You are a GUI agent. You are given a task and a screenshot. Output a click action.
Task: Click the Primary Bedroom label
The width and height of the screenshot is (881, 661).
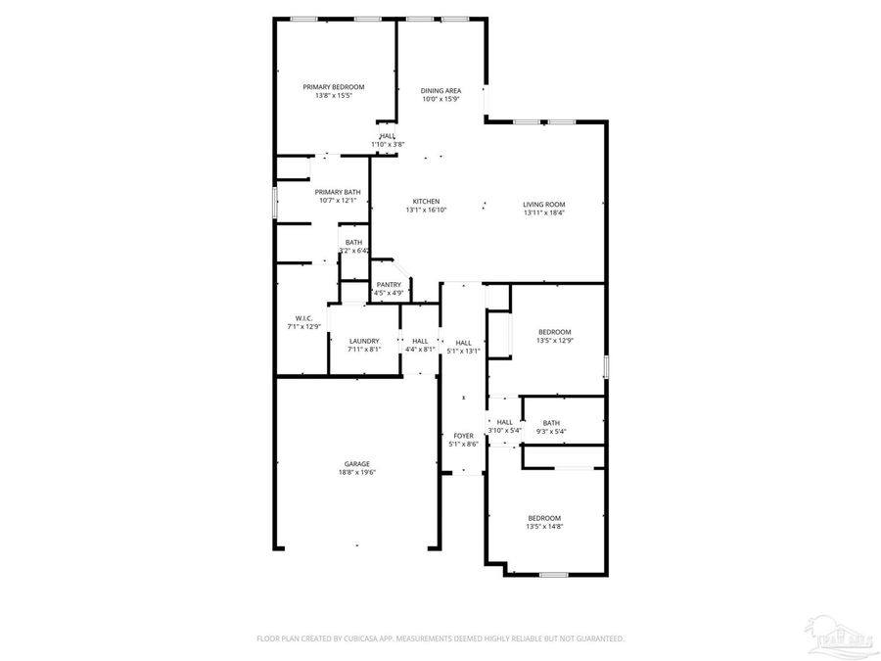pos(333,87)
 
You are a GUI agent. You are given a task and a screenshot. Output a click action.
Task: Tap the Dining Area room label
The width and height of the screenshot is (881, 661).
pos(440,90)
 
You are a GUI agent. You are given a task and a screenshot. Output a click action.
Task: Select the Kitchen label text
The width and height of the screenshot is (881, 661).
pos(426,202)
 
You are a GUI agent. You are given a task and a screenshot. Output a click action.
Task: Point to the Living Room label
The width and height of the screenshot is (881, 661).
pos(544,205)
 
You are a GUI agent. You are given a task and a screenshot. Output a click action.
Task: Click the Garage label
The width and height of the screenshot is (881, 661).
pos(356,464)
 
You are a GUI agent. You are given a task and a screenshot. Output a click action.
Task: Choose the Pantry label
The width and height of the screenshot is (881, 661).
pos(389,285)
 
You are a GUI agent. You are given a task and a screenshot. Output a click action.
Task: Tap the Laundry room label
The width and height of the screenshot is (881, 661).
pos(364,340)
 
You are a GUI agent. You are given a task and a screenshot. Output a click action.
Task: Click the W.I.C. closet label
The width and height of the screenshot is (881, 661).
pos(303,318)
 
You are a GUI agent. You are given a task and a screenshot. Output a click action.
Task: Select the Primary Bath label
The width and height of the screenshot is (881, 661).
pos(338,192)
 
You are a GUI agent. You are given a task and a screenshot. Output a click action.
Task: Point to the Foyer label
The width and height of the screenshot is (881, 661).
pos(463,436)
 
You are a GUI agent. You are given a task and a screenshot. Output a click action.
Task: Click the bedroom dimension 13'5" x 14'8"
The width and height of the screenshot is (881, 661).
pos(544,527)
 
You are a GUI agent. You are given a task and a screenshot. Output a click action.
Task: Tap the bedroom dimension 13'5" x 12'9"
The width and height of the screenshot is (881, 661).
pos(554,341)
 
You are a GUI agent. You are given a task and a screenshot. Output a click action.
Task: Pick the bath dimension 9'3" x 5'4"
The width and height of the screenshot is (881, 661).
pos(551,432)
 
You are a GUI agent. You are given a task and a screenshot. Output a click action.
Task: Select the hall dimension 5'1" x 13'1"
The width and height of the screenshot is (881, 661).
pos(463,351)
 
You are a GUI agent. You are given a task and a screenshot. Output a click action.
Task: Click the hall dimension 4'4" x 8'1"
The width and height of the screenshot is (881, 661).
pos(420,349)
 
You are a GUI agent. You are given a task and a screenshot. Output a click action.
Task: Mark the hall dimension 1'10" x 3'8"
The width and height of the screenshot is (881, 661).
pos(388,145)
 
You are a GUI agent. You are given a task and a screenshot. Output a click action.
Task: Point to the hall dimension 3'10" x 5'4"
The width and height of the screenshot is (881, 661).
pos(505,431)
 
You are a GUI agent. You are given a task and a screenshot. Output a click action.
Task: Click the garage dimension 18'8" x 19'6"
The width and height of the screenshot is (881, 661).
pos(356,473)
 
